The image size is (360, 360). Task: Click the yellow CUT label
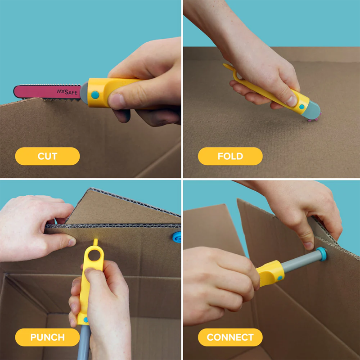click(47, 156)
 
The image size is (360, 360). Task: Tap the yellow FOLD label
click(230, 156)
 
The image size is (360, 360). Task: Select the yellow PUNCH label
click(47, 337)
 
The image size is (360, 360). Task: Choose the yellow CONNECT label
click(230, 337)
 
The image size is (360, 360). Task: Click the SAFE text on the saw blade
click(70, 92)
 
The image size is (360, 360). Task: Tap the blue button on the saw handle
click(95, 95)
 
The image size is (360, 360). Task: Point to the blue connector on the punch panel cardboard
click(177, 236)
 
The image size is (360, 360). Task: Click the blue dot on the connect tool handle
click(280, 278)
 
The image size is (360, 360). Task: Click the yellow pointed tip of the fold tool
click(226, 67)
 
